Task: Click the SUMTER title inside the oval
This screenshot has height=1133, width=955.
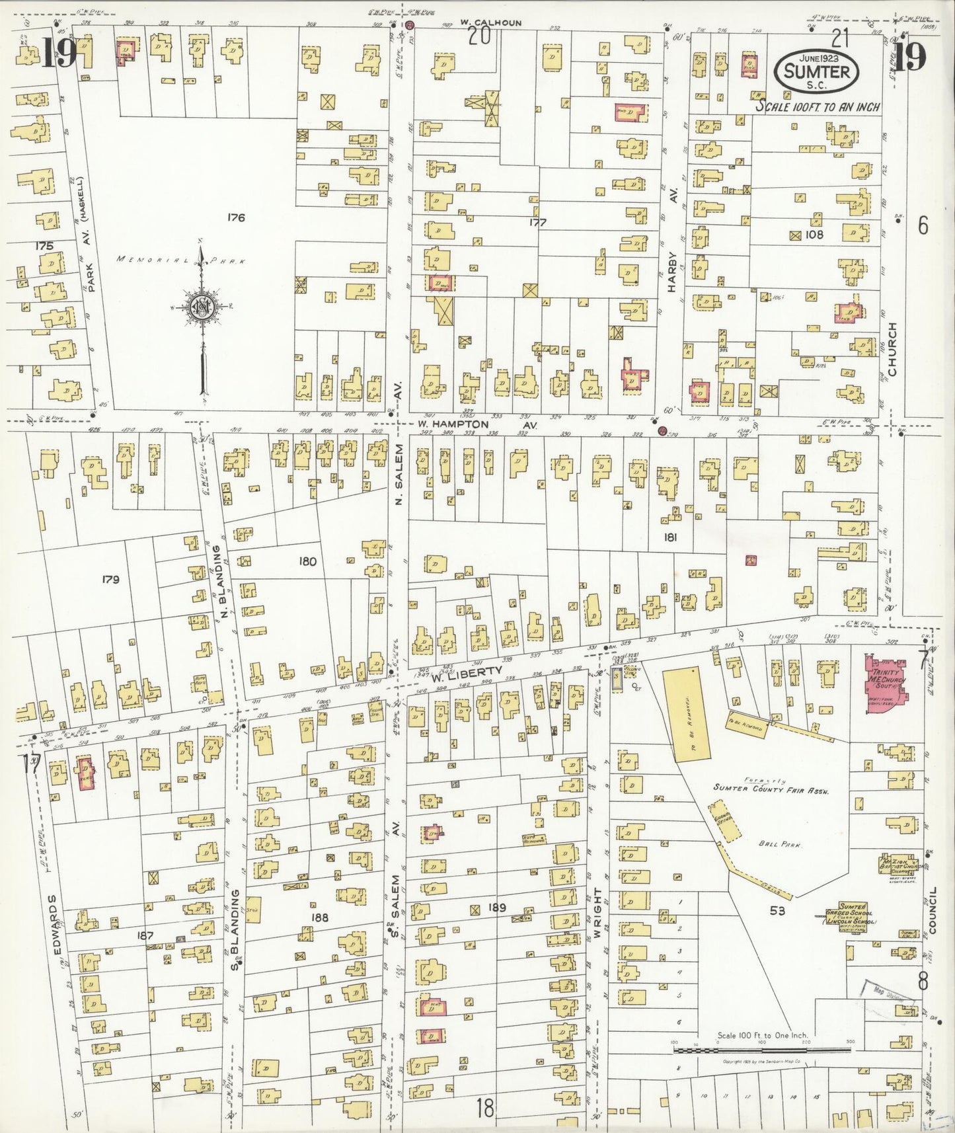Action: (x=818, y=71)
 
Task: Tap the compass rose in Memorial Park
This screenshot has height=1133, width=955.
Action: (x=200, y=307)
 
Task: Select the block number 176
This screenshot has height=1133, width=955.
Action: (x=236, y=217)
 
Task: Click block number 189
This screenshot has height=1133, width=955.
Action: (x=496, y=908)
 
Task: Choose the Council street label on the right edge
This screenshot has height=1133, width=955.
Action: (x=933, y=910)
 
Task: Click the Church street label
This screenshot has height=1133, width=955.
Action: (x=892, y=349)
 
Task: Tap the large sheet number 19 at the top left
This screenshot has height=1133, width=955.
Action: (x=60, y=55)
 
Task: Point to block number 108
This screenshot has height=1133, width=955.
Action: (x=814, y=234)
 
